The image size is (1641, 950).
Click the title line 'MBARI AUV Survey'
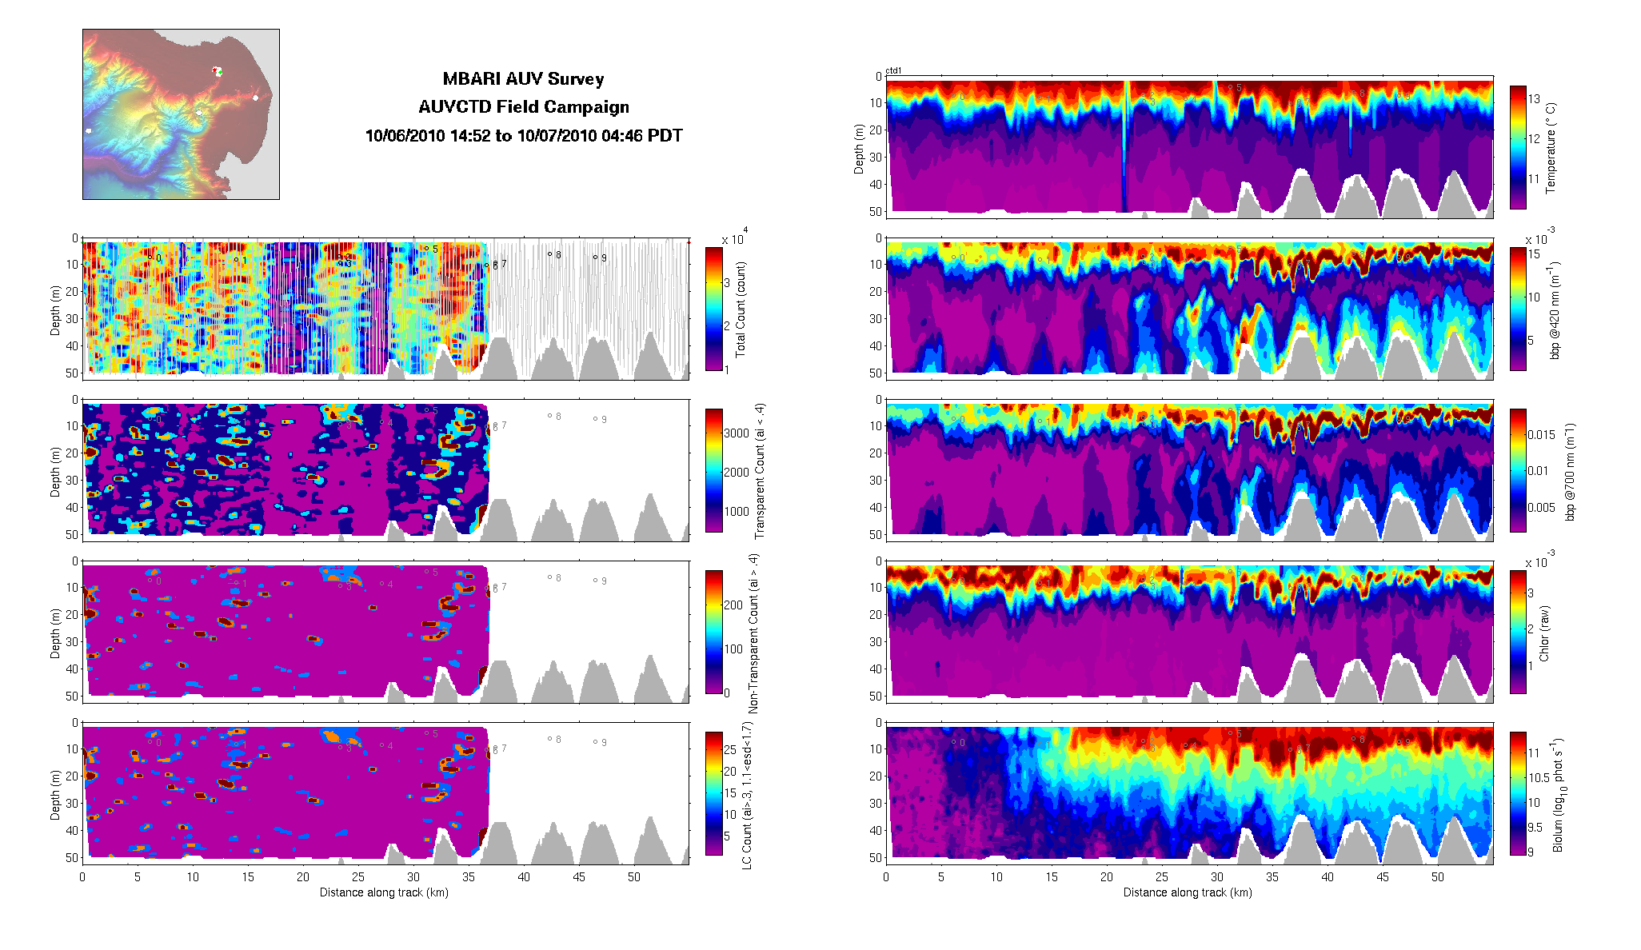point(523,79)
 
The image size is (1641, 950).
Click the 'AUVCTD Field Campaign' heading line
point(524,107)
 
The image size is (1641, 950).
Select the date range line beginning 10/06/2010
point(524,136)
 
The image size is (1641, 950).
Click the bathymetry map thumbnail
point(181,114)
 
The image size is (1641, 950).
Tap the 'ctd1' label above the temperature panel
point(893,71)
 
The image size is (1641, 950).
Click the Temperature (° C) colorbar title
point(1551,148)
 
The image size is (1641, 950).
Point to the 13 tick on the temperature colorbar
point(1534,99)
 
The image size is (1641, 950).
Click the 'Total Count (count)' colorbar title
point(741,309)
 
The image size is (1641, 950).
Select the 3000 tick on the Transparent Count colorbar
point(737,433)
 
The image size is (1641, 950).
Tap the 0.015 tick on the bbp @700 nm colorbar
point(1541,435)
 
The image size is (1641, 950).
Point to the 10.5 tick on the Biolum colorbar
point(1539,777)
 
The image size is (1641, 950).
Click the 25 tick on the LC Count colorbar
point(730,750)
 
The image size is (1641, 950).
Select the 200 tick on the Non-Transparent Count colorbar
point(733,605)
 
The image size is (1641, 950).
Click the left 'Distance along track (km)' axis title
point(384,892)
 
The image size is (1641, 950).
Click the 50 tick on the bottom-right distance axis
point(1438,877)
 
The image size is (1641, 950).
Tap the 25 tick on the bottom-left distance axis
point(358,877)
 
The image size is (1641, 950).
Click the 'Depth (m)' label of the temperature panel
point(859,149)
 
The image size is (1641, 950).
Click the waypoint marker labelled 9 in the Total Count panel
point(595,257)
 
